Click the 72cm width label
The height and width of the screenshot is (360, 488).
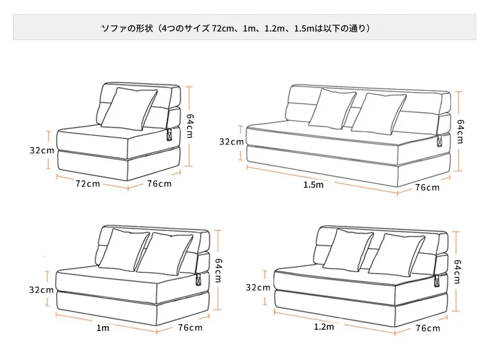[88, 183]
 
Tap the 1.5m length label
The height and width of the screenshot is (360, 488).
[313, 185]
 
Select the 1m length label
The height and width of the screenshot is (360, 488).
[103, 328]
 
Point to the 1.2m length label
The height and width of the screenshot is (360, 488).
[324, 327]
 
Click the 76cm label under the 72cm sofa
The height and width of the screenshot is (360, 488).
[159, 183]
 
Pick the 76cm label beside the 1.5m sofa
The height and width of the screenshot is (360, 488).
[427, 187]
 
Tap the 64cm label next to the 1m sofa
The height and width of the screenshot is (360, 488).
[219, 270]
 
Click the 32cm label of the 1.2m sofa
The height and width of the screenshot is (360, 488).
[258, 287]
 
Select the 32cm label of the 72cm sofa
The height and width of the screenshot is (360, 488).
[42, 150]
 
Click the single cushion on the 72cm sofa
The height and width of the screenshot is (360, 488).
[129, 109]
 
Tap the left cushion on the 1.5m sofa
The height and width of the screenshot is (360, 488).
[332, 109]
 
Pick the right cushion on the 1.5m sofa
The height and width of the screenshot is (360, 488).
[379, 114]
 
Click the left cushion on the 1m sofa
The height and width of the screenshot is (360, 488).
[124, 250]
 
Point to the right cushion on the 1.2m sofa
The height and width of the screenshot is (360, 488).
[397, 255]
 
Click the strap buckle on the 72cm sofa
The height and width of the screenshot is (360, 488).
[170, 135]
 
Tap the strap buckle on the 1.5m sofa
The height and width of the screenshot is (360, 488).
[439, 141]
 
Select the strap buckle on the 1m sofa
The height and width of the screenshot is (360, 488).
[198, 279]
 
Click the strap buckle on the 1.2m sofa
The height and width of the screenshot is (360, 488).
[437, 281]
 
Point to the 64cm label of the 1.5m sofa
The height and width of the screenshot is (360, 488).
[461, 132]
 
